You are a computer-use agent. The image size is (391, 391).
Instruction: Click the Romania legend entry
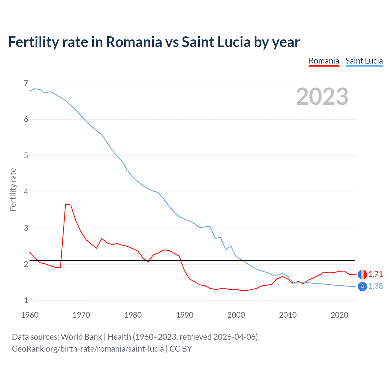(324, 61)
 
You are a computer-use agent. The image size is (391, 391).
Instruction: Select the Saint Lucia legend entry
(364, 61)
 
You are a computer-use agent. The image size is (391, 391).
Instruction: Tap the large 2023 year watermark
(322, 97)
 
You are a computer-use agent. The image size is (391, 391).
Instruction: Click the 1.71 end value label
(375, 274)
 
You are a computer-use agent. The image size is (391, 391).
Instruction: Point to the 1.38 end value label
(375, 286)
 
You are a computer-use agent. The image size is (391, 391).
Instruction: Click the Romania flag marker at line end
(362, 274)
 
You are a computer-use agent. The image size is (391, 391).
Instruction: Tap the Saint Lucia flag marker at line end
(362, 287)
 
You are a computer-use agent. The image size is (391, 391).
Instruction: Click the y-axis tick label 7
(26, 83)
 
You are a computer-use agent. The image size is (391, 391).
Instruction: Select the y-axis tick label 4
(26, 192)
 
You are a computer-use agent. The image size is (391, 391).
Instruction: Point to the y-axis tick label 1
(26, 300)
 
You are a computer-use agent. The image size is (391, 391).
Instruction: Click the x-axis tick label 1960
(30, 315)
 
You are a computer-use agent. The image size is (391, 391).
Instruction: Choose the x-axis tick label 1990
(185, 315)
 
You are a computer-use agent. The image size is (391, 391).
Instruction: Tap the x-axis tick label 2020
(339, 315)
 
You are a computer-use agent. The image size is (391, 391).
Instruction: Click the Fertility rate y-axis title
(13, 189)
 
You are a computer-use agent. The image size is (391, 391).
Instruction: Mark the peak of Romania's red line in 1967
(65, 204)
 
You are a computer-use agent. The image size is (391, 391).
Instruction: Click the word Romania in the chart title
(134, 42)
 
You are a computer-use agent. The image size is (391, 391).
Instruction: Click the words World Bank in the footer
(81, 337)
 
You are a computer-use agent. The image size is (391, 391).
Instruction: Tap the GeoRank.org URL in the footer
(88, 349)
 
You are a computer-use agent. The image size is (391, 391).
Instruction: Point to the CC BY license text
(181, 349)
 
